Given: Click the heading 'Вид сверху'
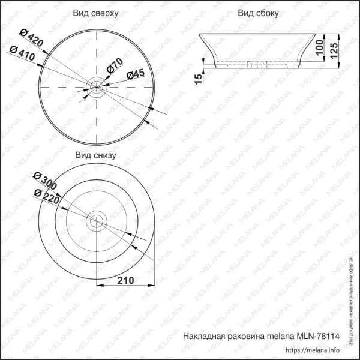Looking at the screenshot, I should tap(95, 13).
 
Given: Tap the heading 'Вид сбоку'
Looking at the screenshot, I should tap(258, 13).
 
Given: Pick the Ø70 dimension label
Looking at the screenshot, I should tap(114, 66).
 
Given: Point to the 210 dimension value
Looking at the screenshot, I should tap(125, 280).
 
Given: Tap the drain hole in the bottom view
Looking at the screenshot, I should tap(95, 221).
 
